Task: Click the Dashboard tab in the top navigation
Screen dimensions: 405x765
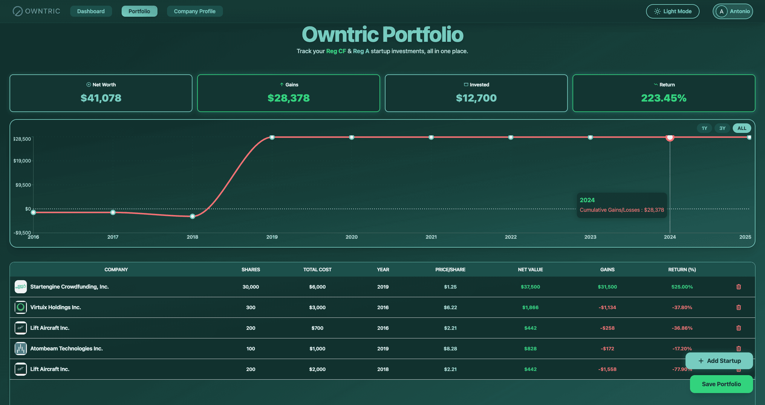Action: point(91,11)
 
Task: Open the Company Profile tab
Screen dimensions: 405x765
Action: point(195,11)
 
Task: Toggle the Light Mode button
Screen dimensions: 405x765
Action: point(672,11)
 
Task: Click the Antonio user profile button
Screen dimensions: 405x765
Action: point(732,11)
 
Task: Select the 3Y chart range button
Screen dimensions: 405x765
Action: point(722,128)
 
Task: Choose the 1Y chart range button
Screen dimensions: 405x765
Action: point(704,128)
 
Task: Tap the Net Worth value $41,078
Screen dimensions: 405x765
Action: point(101,98)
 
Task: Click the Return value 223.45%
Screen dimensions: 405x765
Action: point(664,98)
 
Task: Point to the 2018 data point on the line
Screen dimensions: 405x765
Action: point(192,216)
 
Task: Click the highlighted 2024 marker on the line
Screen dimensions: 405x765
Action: point(670,137)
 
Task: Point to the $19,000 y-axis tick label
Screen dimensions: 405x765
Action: point(22,161)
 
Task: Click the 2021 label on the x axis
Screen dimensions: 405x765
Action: point(431,237)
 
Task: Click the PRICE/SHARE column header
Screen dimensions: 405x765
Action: point(450,269)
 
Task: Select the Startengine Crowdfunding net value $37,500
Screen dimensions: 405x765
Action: point(530,287)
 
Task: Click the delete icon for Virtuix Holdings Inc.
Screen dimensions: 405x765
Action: point(738,307)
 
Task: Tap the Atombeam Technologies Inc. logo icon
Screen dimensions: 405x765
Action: point(21,349)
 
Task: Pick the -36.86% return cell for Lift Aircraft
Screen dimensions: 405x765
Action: point(682,328)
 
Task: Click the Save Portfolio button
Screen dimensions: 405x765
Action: point(721,384)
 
